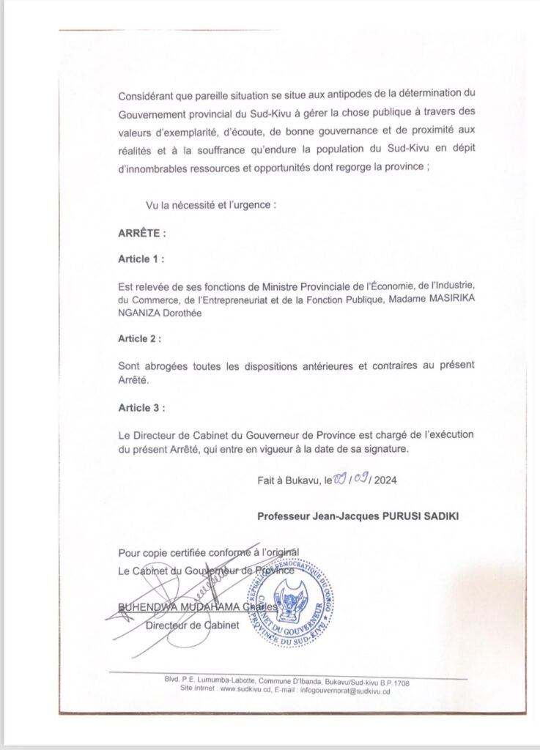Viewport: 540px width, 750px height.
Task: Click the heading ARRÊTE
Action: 142,234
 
